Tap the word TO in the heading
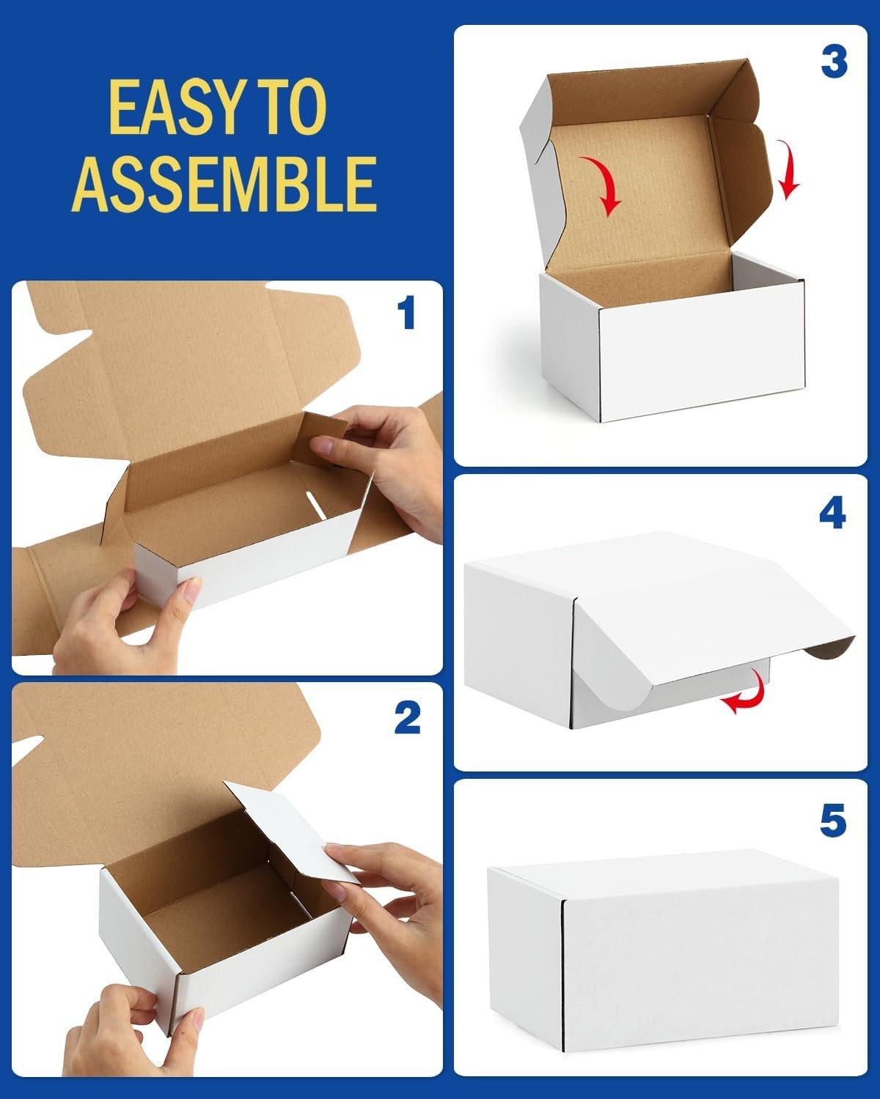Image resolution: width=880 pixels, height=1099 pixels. click(x=290, y=108)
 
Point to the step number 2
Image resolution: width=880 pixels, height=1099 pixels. click(x=408, y=717)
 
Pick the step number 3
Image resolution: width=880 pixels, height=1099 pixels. click(x=834, y=62)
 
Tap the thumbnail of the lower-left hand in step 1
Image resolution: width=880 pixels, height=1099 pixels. click(x=192, y=591)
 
